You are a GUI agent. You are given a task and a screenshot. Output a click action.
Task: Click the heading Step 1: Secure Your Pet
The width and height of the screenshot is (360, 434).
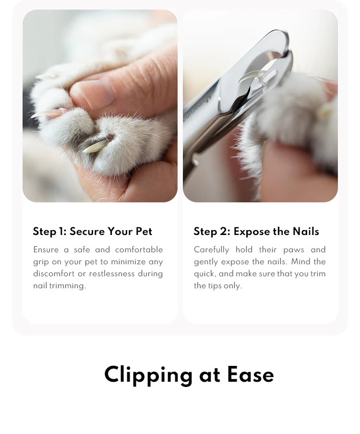(x=92, y=232)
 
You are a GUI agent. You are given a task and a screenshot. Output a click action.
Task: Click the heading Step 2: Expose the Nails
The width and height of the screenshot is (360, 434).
(x=256, y=232)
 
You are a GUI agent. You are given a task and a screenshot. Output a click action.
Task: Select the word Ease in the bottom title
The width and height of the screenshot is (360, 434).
(x=251, y=375)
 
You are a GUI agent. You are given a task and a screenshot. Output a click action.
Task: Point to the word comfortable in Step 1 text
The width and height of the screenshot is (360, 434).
(x=139, y=250)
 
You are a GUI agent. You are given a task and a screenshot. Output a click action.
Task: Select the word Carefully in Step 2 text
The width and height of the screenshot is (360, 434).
(x=212, y=250)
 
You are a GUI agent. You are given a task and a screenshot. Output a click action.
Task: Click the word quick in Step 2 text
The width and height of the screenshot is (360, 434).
(x=204, y=274)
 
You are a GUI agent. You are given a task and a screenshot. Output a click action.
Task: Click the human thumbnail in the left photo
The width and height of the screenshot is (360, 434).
(x=94, y=93)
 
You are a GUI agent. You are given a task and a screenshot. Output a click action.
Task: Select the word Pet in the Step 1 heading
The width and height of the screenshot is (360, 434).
(x=144, y=232)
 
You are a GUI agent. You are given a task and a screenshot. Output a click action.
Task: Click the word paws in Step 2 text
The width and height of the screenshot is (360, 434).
(x=294, y=250)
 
